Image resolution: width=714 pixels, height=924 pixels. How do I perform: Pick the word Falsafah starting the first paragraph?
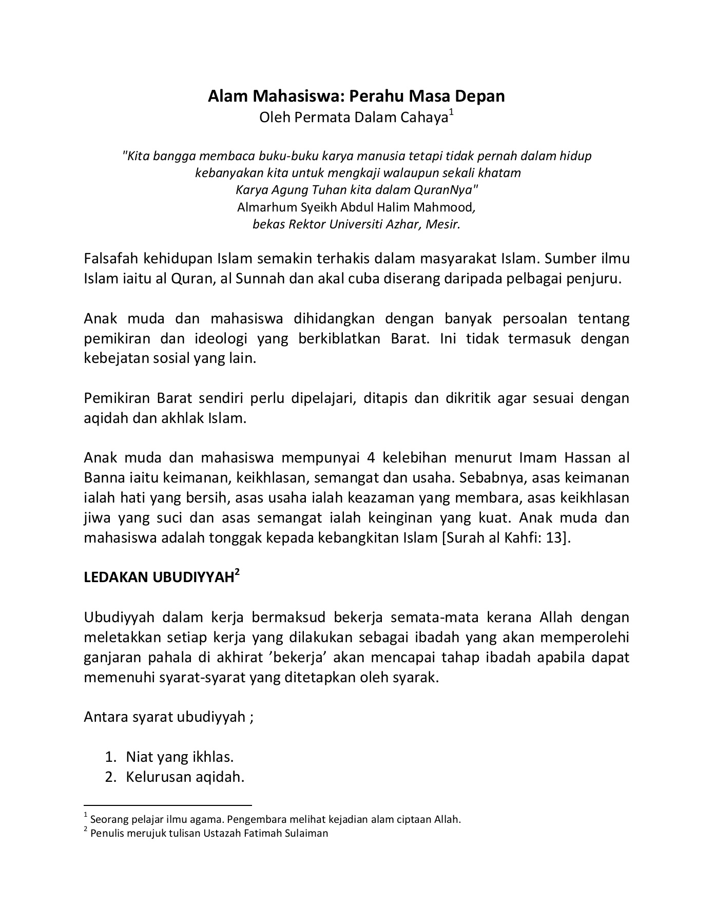[x=110, y=258]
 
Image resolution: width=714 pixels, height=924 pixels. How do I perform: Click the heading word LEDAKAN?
[x=115, y=577]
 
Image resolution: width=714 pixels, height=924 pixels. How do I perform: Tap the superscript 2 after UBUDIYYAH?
[x=237, y=572]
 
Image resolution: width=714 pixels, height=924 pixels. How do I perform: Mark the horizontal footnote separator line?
[x=167, y=805]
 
